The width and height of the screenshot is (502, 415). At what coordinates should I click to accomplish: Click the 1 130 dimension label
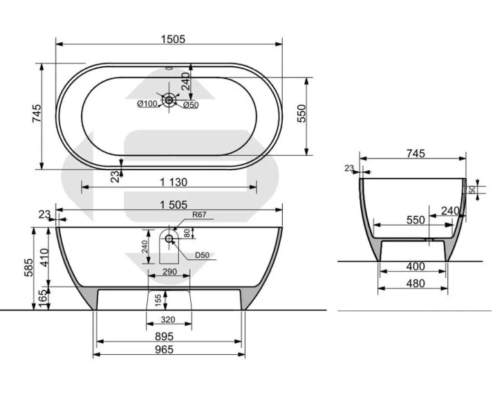click(x=174, y=182)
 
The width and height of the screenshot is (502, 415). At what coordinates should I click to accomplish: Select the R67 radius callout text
click(x=199, y=214)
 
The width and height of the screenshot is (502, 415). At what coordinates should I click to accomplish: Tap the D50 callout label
click(x=202, y=255)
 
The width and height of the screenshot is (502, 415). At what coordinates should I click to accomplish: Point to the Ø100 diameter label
click(x=147, y=104)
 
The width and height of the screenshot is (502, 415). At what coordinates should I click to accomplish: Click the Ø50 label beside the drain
click(x=191, y=104)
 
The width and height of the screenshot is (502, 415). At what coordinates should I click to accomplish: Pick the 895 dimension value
click(x=165, y=337)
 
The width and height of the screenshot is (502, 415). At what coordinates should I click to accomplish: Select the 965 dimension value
click(x=165, y=349)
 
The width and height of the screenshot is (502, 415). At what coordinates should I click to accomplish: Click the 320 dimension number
click(x=168, y=320)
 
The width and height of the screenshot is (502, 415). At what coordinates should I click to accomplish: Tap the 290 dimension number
click(x=169, y=272)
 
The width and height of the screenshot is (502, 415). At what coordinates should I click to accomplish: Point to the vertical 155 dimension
click(x=158, y=300)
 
